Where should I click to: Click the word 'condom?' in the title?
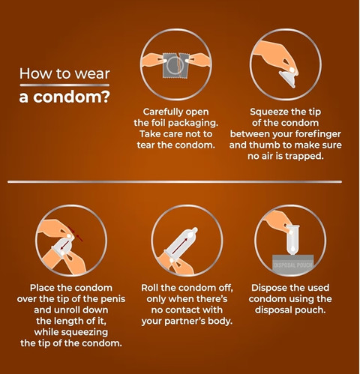[x=71, y=97]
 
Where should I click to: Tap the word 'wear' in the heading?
[x=92, y=74]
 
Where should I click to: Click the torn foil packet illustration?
[x=175, y=65]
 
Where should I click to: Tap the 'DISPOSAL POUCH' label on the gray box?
[x=292, y=265]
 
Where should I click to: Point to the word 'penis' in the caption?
[x=114, y=299]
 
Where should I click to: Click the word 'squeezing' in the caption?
[x=85, y=332]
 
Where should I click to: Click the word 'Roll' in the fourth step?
[x=149, y=288]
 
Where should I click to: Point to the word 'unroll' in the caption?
[x=67, y=310]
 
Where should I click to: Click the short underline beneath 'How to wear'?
[x=64, y=85]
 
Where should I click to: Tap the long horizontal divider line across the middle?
[x=175, y=182]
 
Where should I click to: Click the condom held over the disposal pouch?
[x=292, y=240]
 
